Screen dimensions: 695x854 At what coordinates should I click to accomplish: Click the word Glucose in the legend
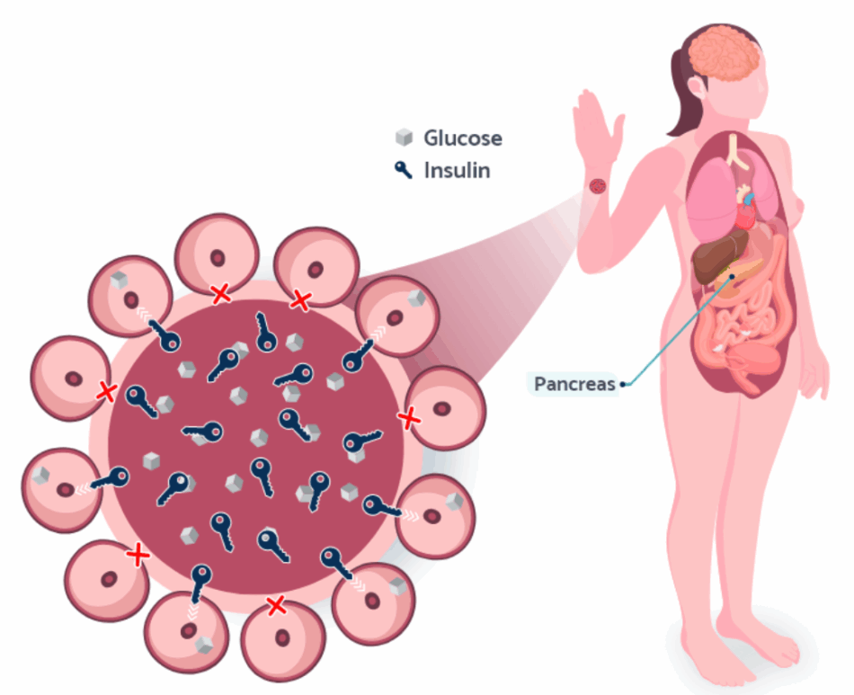(463, 138)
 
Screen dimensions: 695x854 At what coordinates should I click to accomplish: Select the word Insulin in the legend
(458, 170)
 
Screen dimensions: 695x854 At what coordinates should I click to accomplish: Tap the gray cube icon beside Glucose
(405, 138)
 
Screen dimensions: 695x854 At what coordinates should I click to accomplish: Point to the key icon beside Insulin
(405, 169)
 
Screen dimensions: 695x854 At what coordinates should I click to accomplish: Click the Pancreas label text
(574, 384)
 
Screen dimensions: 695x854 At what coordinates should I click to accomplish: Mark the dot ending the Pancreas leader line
(623, 385)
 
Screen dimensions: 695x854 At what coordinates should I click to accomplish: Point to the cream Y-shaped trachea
(737, 153)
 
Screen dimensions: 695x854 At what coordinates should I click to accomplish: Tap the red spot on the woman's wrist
(597, 185)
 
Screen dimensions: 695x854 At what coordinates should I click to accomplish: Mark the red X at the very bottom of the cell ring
(277, 605)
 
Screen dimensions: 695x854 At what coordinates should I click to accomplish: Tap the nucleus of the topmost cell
(218, 256)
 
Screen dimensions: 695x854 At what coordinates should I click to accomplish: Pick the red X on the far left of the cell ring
(107, 391)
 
